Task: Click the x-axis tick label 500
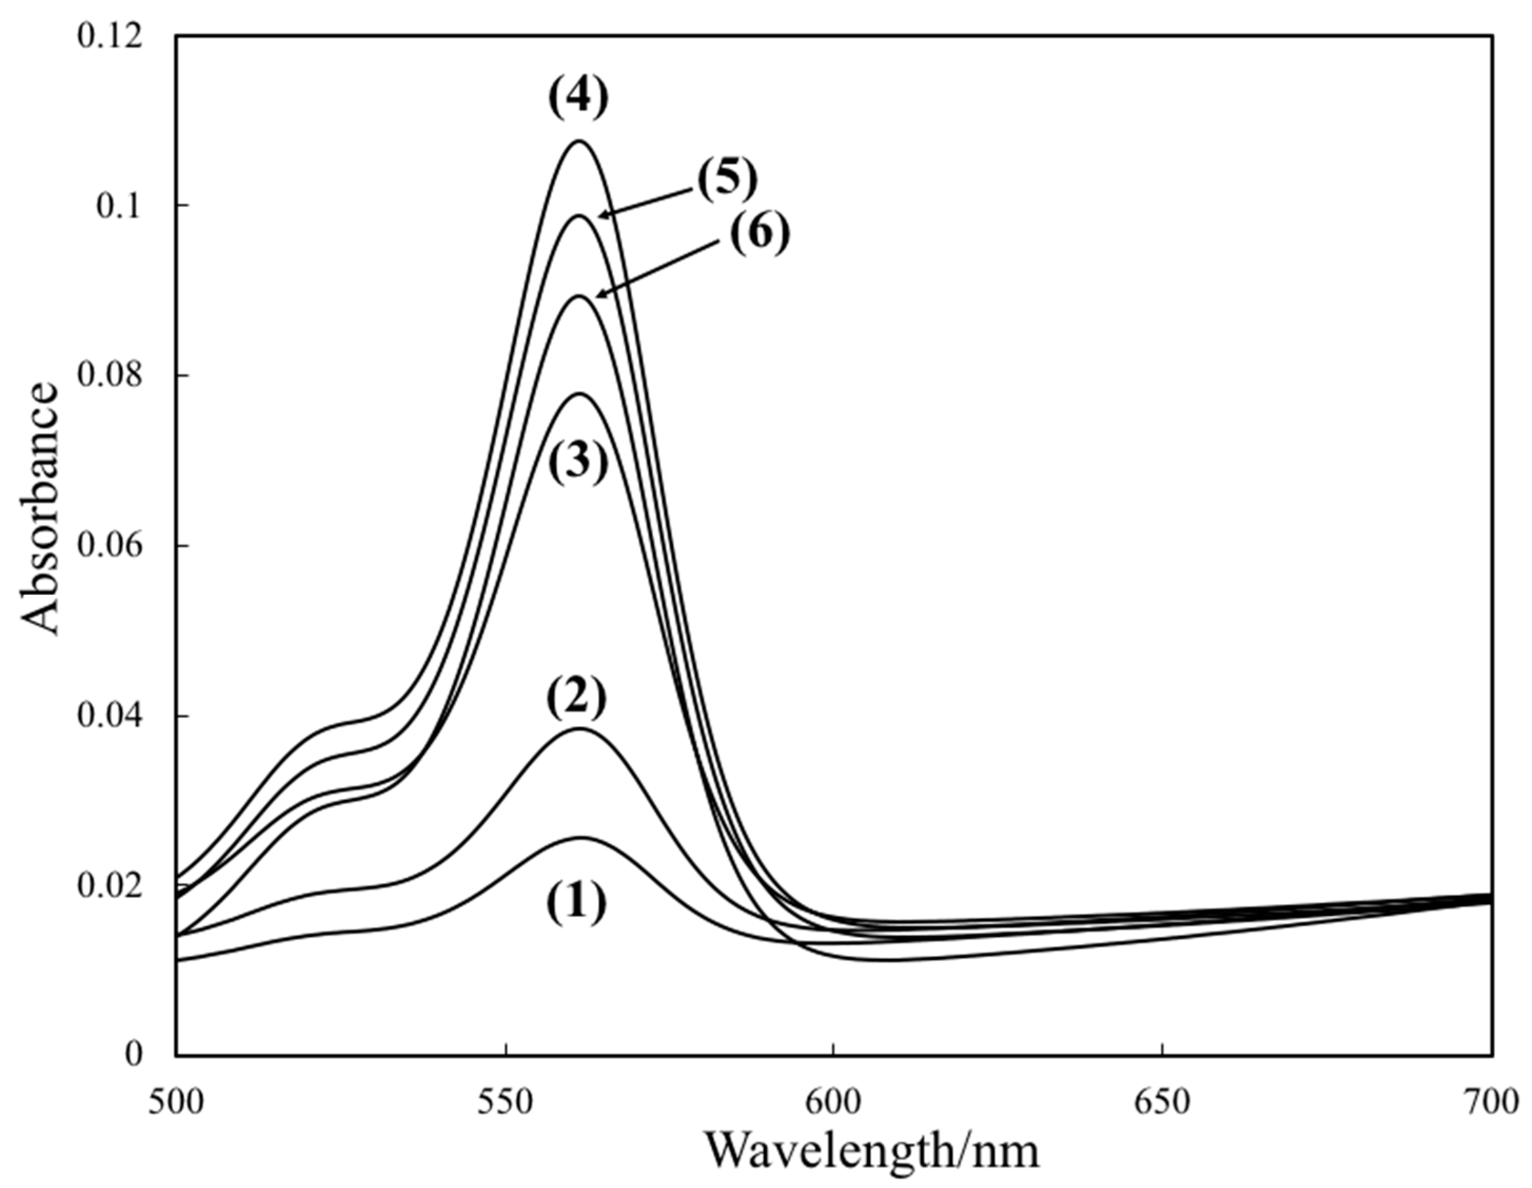(x=176, y=1103)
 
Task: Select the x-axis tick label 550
(x=505, y=1103)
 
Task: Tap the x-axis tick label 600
(x=833, y=1103)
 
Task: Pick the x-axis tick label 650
(x=1162, y=1103)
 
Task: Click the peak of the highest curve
(x=579, y=141)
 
